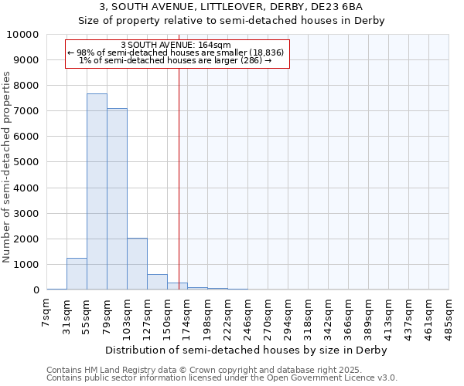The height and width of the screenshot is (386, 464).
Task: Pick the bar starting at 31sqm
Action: tap(77, 274)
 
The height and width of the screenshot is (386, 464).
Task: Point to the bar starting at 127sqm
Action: tap(157, 282)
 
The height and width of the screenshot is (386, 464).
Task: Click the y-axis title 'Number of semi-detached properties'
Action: tap(8, 167)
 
